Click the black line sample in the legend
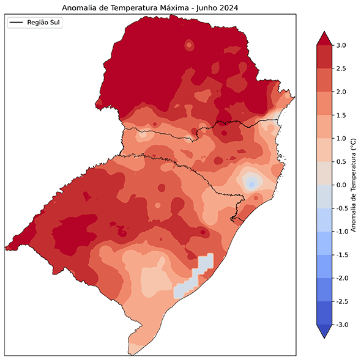tap(17, 23)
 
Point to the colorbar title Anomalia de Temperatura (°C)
tap(354, 185)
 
